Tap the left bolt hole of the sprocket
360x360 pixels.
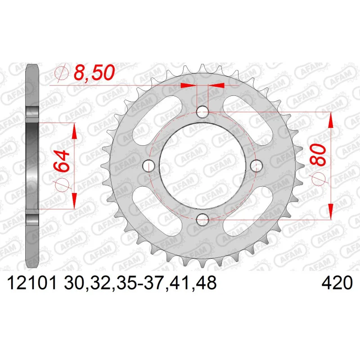click(149, 166)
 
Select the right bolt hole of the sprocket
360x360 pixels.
click(256, 166)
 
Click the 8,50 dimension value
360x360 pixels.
click(94, 72)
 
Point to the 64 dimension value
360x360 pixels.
click(62, 162)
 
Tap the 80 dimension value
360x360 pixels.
click(318, 155)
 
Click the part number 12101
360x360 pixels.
click(32, 283)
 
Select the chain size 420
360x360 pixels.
click(337, 283)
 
